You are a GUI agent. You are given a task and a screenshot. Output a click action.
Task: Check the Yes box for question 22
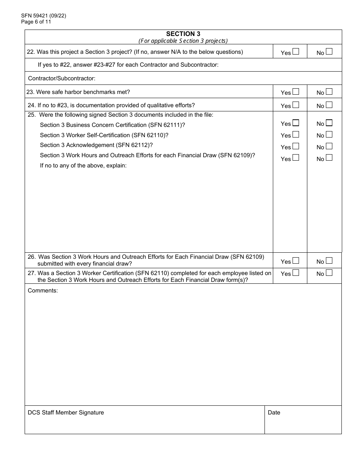click(296, 52)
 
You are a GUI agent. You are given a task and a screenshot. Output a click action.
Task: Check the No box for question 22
click(329, 52)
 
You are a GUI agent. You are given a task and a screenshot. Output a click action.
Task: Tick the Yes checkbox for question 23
click(296, 91)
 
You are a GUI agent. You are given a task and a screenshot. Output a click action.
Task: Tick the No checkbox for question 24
click(329, 105)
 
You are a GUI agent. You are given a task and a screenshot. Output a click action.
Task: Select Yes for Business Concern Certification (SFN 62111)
click(296, 123)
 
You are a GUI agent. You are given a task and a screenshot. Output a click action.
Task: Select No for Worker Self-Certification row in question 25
click(329, 134)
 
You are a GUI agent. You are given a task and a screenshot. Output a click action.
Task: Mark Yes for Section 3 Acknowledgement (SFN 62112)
click(296, 146)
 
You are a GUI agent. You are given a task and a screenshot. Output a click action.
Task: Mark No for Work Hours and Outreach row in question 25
click(329, 158)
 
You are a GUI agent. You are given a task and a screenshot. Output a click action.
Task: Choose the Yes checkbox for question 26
click(296, 260)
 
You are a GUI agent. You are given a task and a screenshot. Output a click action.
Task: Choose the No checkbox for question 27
click(329, 272)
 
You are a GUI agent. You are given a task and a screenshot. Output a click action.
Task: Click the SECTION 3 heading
click(183, 34)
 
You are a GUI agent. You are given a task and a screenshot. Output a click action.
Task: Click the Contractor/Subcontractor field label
click(62, 78)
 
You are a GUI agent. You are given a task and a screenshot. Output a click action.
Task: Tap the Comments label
click(42, 291)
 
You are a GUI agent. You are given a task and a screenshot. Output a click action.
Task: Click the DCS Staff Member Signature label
click(66, 413)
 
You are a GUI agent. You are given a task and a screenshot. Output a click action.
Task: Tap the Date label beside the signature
click(274, 413)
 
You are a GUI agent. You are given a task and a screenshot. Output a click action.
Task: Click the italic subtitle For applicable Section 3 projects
click(183, 41)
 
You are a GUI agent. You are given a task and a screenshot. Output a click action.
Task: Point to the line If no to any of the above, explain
click(83, 166)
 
